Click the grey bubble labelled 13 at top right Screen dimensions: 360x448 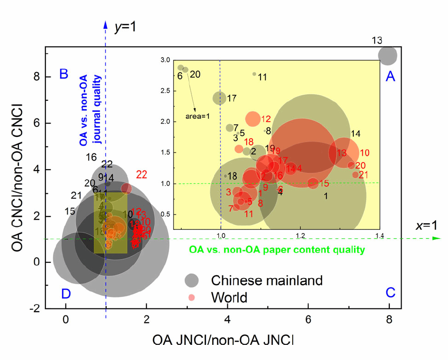[x=388, y=55]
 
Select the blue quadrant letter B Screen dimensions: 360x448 [x=64, y=73]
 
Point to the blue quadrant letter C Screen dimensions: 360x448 [x=390, y=293]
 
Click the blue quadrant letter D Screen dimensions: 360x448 [x=66, y=294]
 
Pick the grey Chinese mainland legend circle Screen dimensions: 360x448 [x=193, y=280]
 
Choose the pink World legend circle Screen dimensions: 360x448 [x=193, y=297]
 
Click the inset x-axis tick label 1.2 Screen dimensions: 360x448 [x=299, y=235]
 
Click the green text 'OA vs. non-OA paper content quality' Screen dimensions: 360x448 [x=277, y=250]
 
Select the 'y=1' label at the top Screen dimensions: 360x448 [x=126, y=27]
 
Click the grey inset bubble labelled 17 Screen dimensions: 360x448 [x=219, y=98]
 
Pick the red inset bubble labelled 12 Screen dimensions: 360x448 [x=253, y=118]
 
